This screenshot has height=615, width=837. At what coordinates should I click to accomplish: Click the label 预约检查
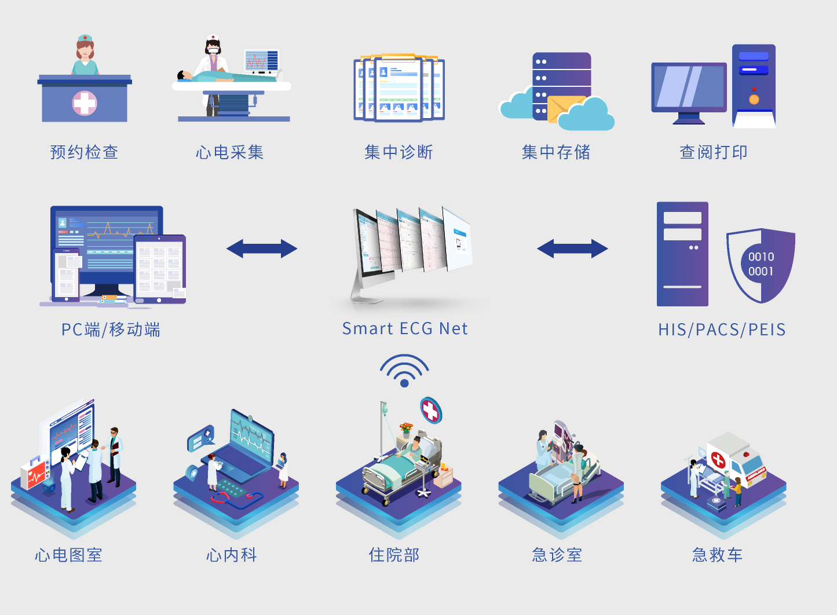click(84, 152)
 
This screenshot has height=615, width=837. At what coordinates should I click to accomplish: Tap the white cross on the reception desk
click(85, 104)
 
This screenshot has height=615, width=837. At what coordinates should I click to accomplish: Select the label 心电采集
click(229, 152)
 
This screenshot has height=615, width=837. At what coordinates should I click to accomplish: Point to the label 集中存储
click(555, 152)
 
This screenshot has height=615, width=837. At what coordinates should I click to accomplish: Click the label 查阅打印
click(713, 152)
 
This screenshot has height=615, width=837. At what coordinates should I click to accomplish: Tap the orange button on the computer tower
click(754, 99)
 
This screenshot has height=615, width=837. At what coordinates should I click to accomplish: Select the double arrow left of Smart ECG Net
click(262, 249)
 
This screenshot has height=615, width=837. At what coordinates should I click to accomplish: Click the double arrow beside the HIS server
click(572, 249)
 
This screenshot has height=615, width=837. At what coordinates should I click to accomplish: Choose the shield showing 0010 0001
click(761, 265)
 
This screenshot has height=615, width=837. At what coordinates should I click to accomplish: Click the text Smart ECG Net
click(404, 329)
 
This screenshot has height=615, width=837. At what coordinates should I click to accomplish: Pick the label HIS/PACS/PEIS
click(722, 330)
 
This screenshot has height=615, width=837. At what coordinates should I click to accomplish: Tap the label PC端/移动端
click(111, 330)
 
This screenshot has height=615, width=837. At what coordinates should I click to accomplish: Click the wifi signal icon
click(404, 371)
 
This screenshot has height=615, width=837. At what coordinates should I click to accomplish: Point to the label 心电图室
click(68, 555)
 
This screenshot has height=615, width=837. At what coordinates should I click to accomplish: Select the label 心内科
click(231, 555)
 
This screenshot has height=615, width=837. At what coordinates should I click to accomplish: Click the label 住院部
click(394, 555)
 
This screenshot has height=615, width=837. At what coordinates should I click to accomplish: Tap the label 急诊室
click(557, 555)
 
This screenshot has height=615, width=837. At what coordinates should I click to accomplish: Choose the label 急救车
click(717, 555)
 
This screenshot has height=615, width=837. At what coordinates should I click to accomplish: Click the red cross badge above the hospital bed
click(430, 410)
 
